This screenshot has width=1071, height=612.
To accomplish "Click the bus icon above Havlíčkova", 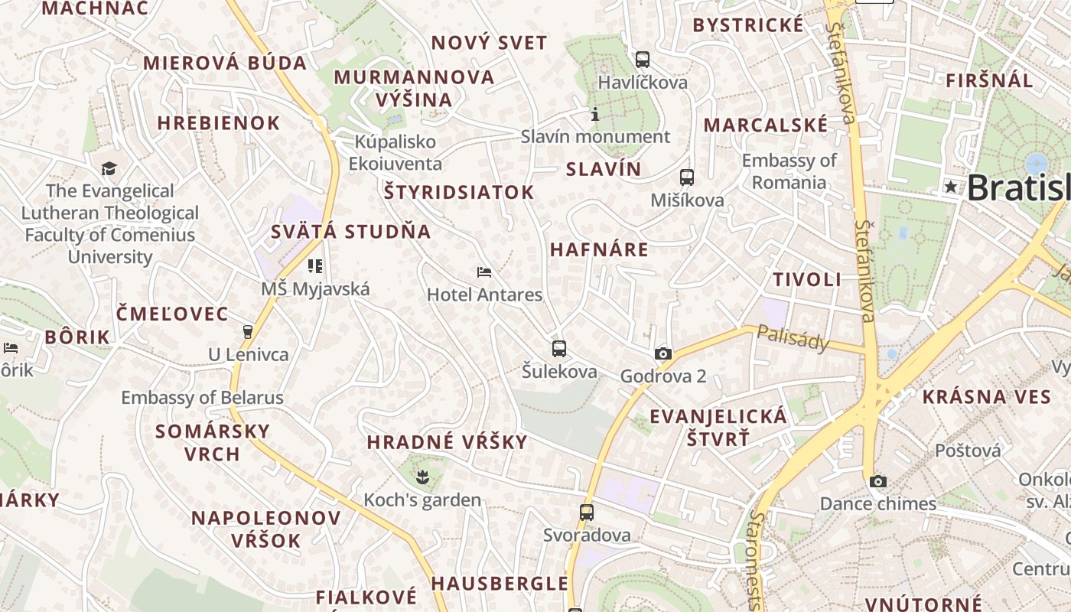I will (x=643, y=59).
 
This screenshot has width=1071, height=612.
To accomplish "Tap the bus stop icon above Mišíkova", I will (x=687, y=177).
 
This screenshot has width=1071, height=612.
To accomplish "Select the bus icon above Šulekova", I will (x=559, y=349).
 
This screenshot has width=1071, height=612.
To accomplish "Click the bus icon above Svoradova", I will (x=587, y=513).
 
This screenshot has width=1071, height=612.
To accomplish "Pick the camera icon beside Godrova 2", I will (x=663, y=353).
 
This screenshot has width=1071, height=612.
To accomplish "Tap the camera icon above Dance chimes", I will (x=878, y=481).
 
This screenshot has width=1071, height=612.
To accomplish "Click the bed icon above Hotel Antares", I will (x=484, y=272).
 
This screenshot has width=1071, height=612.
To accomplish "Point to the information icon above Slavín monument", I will (x=595, y=115).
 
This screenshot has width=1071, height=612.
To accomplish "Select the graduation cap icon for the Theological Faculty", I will (x=109, y=168).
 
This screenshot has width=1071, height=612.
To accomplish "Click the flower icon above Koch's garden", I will (x=422, y=478).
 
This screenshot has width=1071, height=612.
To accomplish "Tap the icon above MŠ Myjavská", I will (x=315, y=266).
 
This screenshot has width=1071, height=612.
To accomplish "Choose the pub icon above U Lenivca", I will (x=247, y=332).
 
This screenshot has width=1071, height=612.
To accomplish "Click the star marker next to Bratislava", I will (x=951, y=187).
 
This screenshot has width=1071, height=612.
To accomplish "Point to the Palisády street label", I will (x=793, y=337).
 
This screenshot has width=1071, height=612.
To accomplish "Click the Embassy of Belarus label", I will (x=202, y=398).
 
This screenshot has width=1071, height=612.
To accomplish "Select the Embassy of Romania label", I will (x=789, y=171).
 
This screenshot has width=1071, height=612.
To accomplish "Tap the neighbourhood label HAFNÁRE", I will (x=599, y=249).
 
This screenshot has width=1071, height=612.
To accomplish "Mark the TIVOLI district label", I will (x=807, y=279).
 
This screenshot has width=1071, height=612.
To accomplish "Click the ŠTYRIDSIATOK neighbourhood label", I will (x=459, y=192).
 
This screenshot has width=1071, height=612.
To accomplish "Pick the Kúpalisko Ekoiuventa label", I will (x=396, y=153).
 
